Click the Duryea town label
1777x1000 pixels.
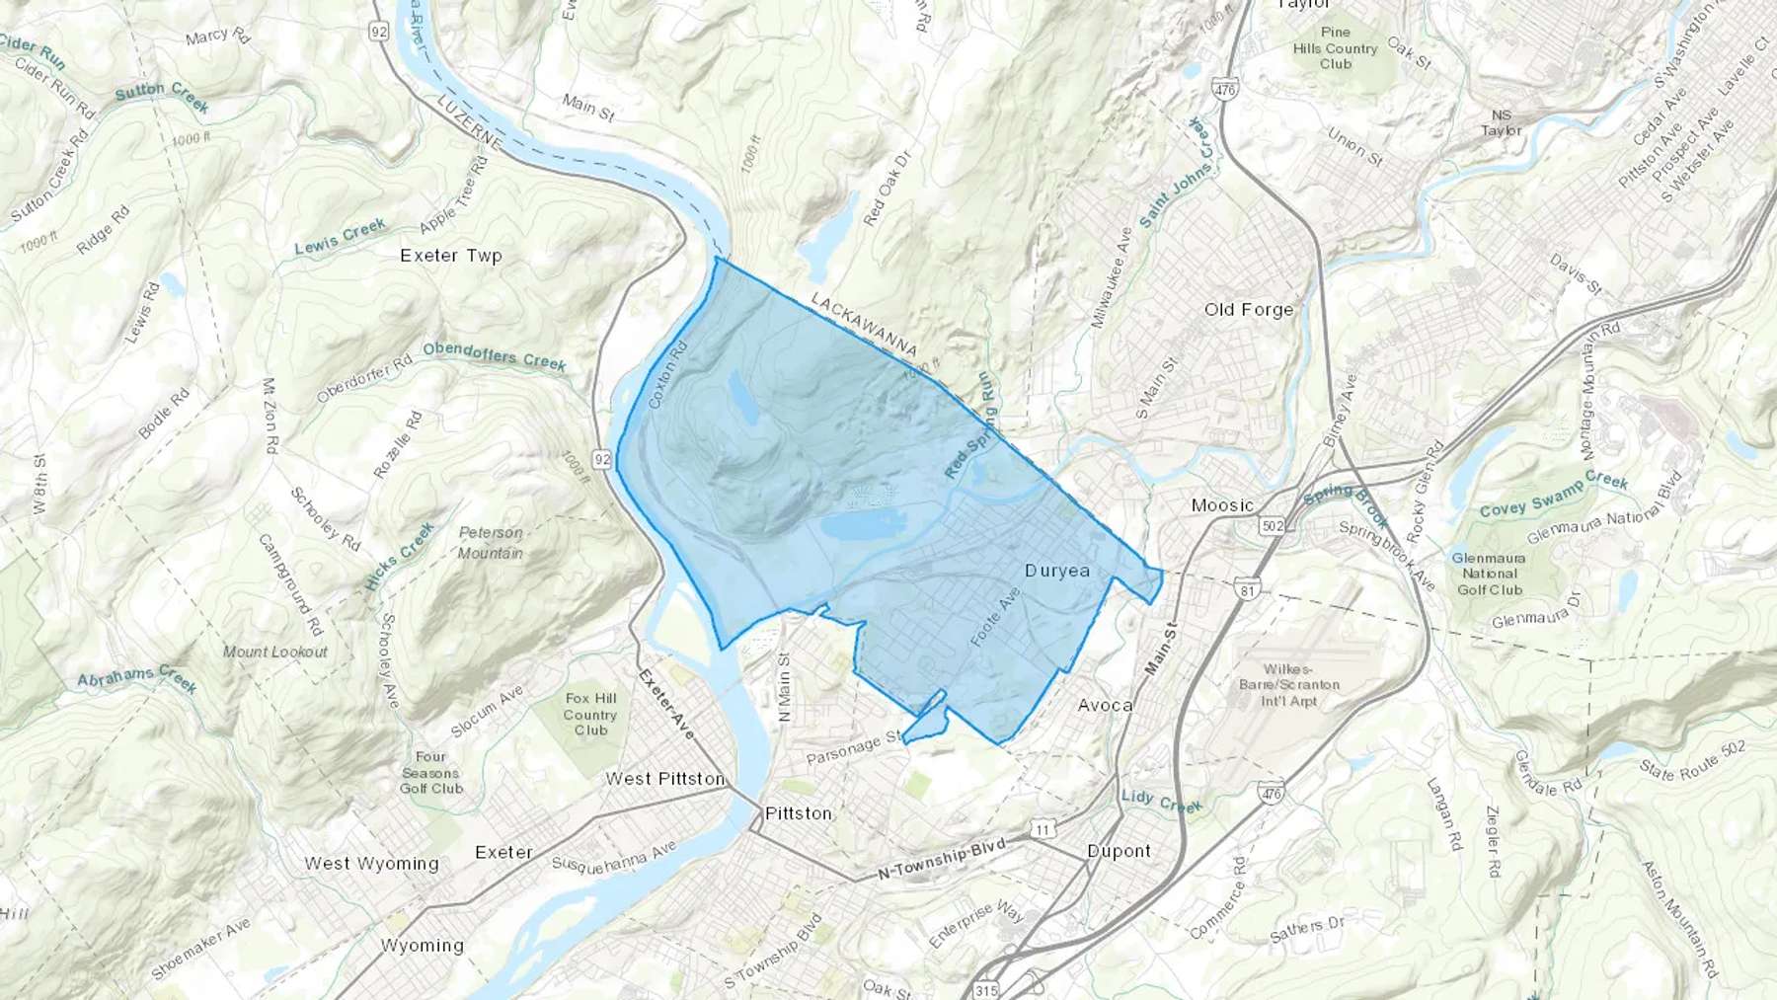(1057, 571)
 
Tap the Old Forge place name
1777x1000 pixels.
(1248, 309)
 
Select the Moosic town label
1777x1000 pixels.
(1222, 504)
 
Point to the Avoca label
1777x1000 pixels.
(1105, 705)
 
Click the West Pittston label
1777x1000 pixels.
(665, 778)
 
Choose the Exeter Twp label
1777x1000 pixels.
(451, 255)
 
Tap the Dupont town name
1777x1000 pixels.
(1119, 850)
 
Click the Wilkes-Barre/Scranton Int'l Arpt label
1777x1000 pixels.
(1288, 684)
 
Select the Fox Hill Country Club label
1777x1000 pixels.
(590, 714)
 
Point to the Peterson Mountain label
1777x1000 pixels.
(491, 542)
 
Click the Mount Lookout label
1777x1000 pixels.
(275, 652)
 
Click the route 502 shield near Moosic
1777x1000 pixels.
(1273, 525)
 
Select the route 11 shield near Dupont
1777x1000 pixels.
(1043, 829)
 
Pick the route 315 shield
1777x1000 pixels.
(985, 989)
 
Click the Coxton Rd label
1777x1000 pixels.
(667, 376)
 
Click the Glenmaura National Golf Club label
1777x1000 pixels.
(1490, 574)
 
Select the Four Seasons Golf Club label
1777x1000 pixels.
(430, 772)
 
